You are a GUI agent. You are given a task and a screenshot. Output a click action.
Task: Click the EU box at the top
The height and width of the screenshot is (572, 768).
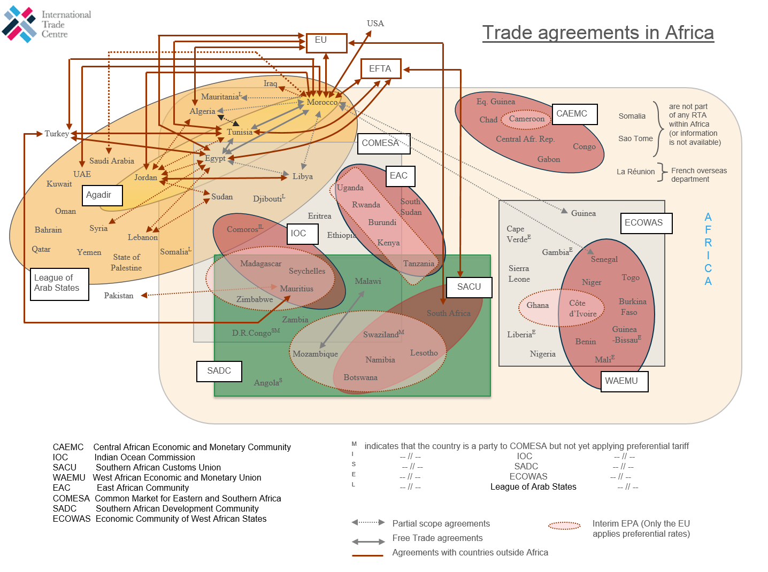click(x=326, y=43)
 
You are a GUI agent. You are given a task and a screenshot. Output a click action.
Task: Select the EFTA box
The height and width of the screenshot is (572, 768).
click(x=380, y=69)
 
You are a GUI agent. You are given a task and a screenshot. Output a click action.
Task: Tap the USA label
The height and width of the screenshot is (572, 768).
click(x=375, y=24)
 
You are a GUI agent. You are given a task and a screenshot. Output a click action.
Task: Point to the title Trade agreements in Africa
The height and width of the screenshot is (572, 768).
click(x=598, y=33)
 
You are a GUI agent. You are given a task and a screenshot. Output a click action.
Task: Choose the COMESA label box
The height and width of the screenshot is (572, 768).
click(x=383, y=143)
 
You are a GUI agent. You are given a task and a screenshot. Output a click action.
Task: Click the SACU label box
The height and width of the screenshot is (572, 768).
click(x=469, y=287)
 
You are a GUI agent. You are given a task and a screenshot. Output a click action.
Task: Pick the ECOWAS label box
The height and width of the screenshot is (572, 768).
click(x=646, y=223)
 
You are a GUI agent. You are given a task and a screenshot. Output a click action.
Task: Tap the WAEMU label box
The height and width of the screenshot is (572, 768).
click(x=624, y=381)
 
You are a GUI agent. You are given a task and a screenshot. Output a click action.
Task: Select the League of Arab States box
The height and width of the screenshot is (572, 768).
click(x=59, y=284)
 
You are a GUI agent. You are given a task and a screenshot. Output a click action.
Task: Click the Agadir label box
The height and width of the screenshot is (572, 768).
click(x=102, y=195)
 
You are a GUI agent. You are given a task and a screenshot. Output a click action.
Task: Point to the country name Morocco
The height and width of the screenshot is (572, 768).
click(x=322, y=102)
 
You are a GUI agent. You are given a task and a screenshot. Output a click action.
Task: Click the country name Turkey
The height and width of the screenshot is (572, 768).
click(x=57, y=134)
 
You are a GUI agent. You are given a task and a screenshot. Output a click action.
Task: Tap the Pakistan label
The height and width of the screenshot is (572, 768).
click(x=119, y=296)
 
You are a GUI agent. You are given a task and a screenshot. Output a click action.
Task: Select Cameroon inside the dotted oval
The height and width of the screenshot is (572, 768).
click(x=526, y=119)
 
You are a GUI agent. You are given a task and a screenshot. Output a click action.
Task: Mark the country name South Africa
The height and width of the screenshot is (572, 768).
click(x=448, y=313)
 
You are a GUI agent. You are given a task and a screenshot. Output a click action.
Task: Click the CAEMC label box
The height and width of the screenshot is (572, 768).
click(x=574, y=114)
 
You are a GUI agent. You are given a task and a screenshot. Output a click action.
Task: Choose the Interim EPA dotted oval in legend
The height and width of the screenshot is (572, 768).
click(x=564, y=526)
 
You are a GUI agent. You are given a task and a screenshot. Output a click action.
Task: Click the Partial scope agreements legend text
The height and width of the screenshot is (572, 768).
click(x=441, y=524)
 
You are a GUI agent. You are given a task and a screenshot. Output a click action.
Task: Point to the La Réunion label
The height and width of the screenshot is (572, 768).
click(x=635, y=172)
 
